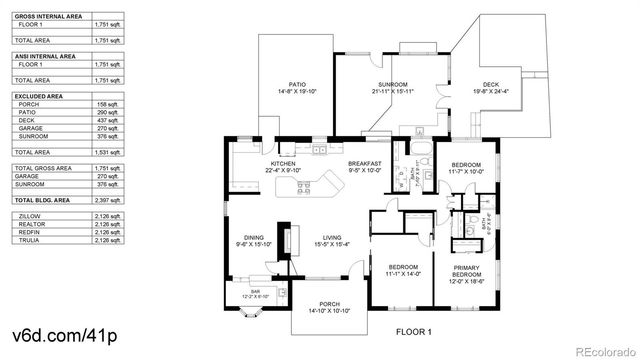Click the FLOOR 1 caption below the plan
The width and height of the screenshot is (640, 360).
pyautogui.click(x=413, y=331)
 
